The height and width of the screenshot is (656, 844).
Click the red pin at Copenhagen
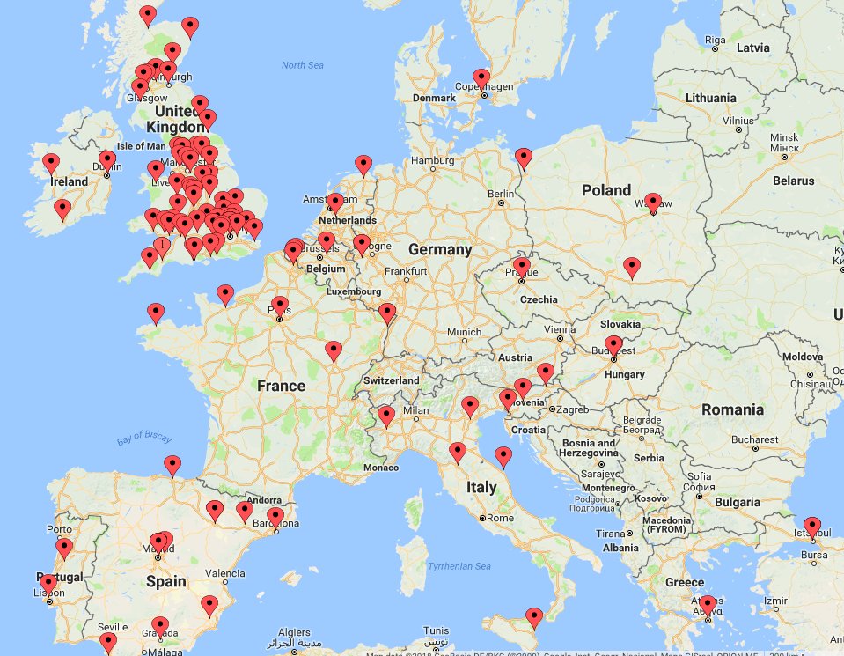point(481,77)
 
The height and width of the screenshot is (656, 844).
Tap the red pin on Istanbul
point(811,526)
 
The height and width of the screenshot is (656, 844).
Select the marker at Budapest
point(613,345)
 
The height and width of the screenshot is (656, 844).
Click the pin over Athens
point(707,605)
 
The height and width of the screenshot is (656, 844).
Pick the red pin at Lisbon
point(48,584)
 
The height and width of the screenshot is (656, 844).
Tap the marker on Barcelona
point(275,517)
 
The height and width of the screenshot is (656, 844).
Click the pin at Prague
point(522,267)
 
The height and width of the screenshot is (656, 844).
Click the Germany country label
point(440,249)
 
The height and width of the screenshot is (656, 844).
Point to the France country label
point(281,385)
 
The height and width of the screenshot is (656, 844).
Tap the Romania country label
point(732,409)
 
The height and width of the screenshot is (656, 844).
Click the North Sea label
point(303,65)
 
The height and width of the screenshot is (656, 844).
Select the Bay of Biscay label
point(144,437)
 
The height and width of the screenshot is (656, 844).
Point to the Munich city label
point(464,333)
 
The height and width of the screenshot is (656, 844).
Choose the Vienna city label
point(559,329)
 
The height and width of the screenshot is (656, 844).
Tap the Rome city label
point(499,518)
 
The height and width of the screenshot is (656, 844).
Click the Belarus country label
point(794,181)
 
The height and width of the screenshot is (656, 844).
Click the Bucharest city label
point(753,439)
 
